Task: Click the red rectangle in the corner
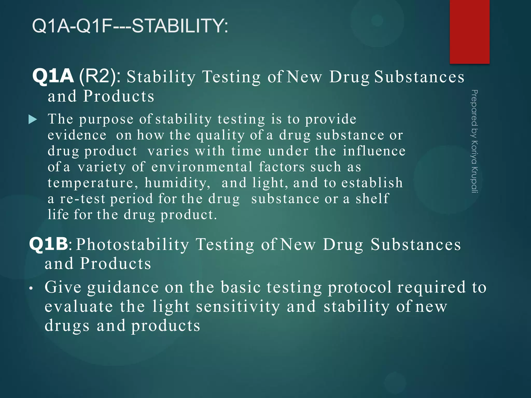coord(469,32)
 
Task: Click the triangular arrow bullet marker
coord(33,120)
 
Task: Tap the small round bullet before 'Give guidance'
coord(31,288)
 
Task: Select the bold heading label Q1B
coord(48,244)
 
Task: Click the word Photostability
coord(132,244)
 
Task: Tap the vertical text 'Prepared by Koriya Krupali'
coord(474,141)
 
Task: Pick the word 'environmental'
coord(202,167)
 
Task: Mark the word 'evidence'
coord(77,135)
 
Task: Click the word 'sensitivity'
coord(238,307)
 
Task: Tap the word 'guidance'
coord(123,288)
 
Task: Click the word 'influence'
coord(374,151)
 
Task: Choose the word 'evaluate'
coord(79,307)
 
